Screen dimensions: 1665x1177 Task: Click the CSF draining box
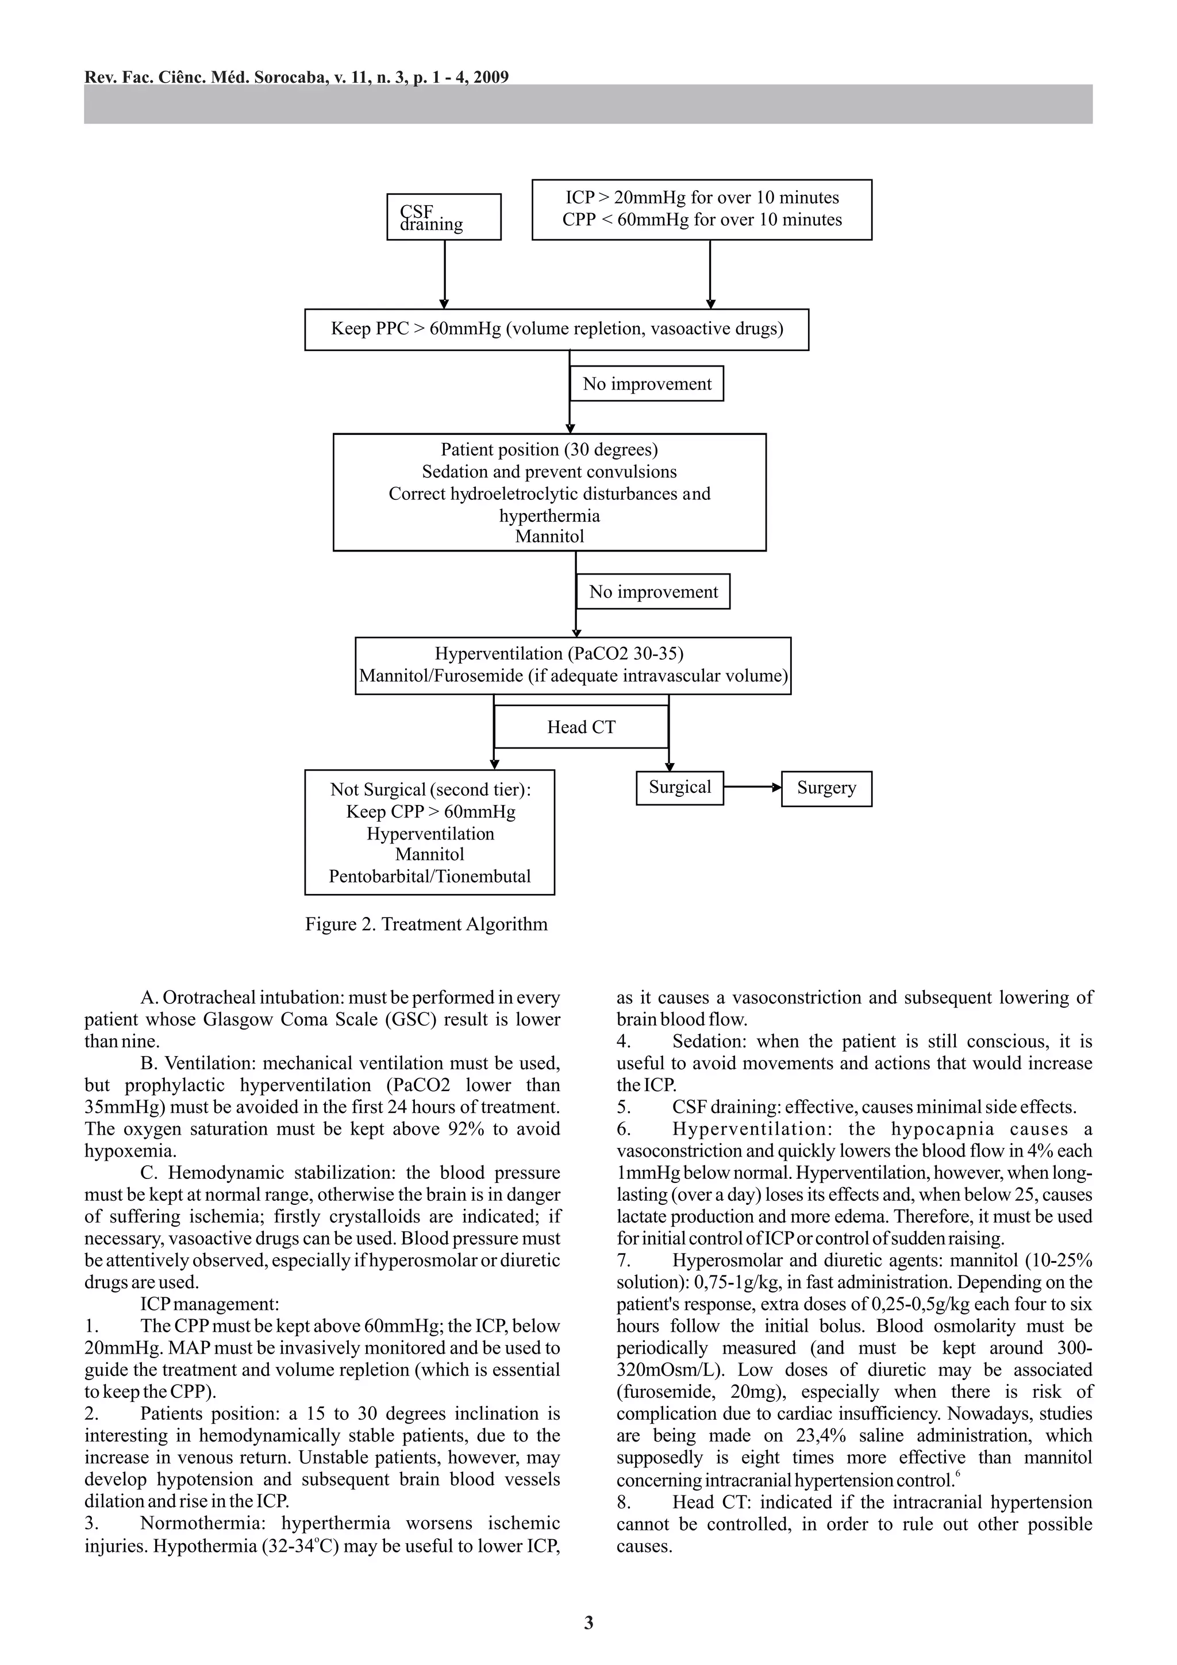443,217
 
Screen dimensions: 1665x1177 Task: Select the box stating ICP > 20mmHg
701,209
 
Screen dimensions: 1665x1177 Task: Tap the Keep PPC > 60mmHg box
556,329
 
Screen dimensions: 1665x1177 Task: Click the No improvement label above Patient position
647,384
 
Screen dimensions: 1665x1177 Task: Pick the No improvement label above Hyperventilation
653,592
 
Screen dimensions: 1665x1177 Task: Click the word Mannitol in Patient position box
549,537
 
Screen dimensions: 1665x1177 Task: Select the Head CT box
581,727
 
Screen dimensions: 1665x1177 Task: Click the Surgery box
826,788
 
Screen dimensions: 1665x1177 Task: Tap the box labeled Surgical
679,788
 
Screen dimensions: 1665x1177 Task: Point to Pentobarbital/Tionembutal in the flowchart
429,876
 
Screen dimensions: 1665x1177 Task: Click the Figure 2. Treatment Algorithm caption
426,924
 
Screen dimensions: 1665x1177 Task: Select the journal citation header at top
296,77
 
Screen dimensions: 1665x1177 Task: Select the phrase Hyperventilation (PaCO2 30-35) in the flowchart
559,653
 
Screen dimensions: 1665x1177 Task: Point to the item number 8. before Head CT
624,1502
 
